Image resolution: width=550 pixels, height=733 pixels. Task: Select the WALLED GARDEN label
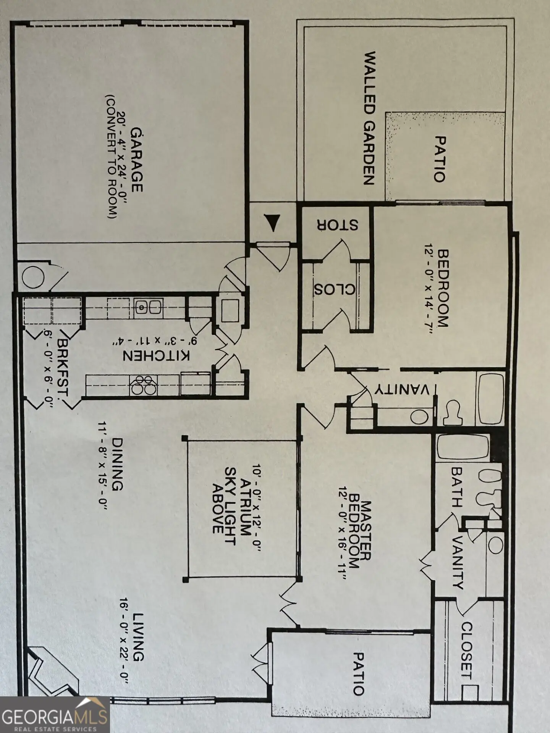coord(369,119)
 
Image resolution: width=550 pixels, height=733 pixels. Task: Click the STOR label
coord(336,225)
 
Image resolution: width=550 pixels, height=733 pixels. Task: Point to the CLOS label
coord(335,289)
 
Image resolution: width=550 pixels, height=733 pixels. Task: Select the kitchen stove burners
coord(144,384)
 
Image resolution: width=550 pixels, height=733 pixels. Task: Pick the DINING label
coord(117,464)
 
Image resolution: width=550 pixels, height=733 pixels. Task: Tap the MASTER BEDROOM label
coord(359,536)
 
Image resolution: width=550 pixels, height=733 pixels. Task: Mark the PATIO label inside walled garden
coord(440,159)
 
